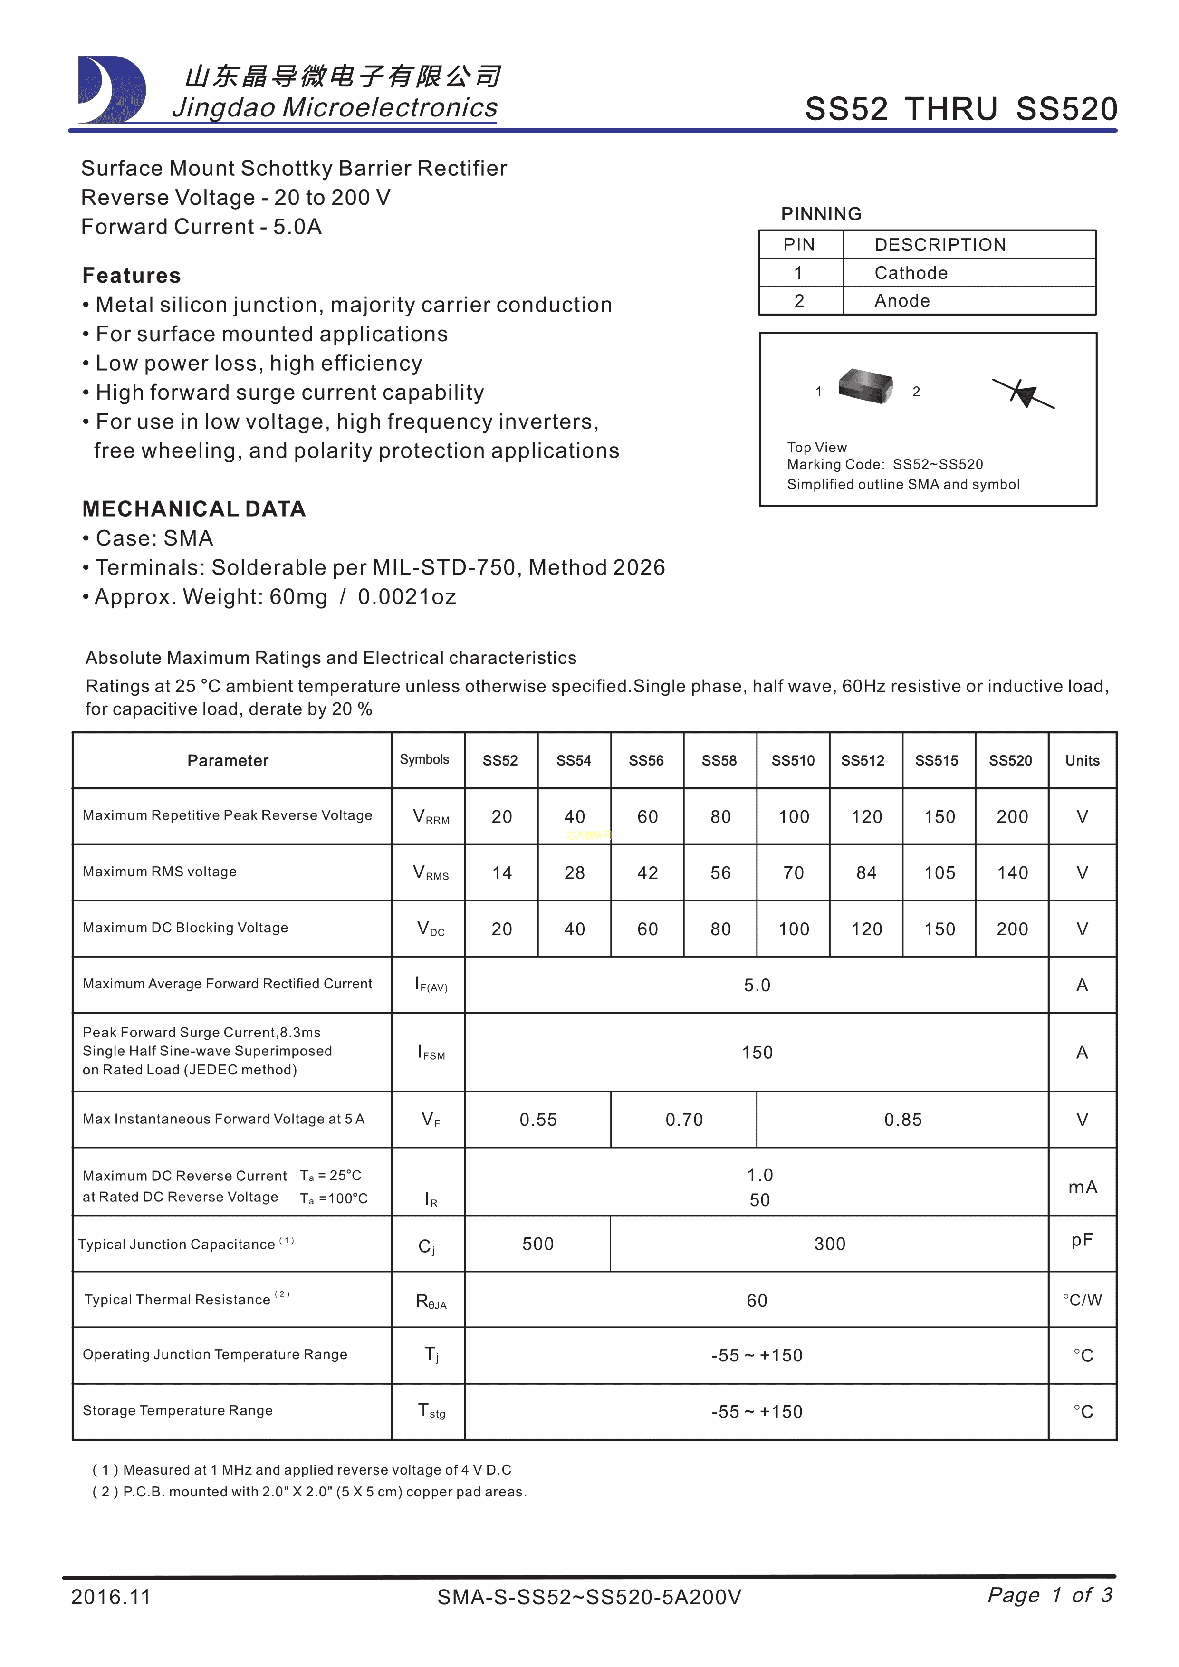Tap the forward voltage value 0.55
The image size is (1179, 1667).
tap(538, 1120)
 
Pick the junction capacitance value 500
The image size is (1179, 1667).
tap(538, 1244)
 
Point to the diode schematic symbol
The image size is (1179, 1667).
tap(1024, 393)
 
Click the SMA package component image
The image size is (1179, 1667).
tap(865, 385)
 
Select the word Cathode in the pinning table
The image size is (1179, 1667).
tap(911, 273)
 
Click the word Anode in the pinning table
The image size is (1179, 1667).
tap(901, 301)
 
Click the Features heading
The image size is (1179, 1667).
tap(132, 276)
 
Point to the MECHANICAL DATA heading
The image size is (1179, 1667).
tap(194, 509)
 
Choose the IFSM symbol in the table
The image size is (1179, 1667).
tap(431, 1053)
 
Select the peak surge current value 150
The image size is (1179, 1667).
tap(757, 1053)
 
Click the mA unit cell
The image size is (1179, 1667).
tap(1082, 1187)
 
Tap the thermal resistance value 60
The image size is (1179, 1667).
tap(757, 1300)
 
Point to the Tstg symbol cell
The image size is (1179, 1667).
tap(431, 1411)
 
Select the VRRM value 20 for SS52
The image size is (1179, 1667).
tap(502, 817)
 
